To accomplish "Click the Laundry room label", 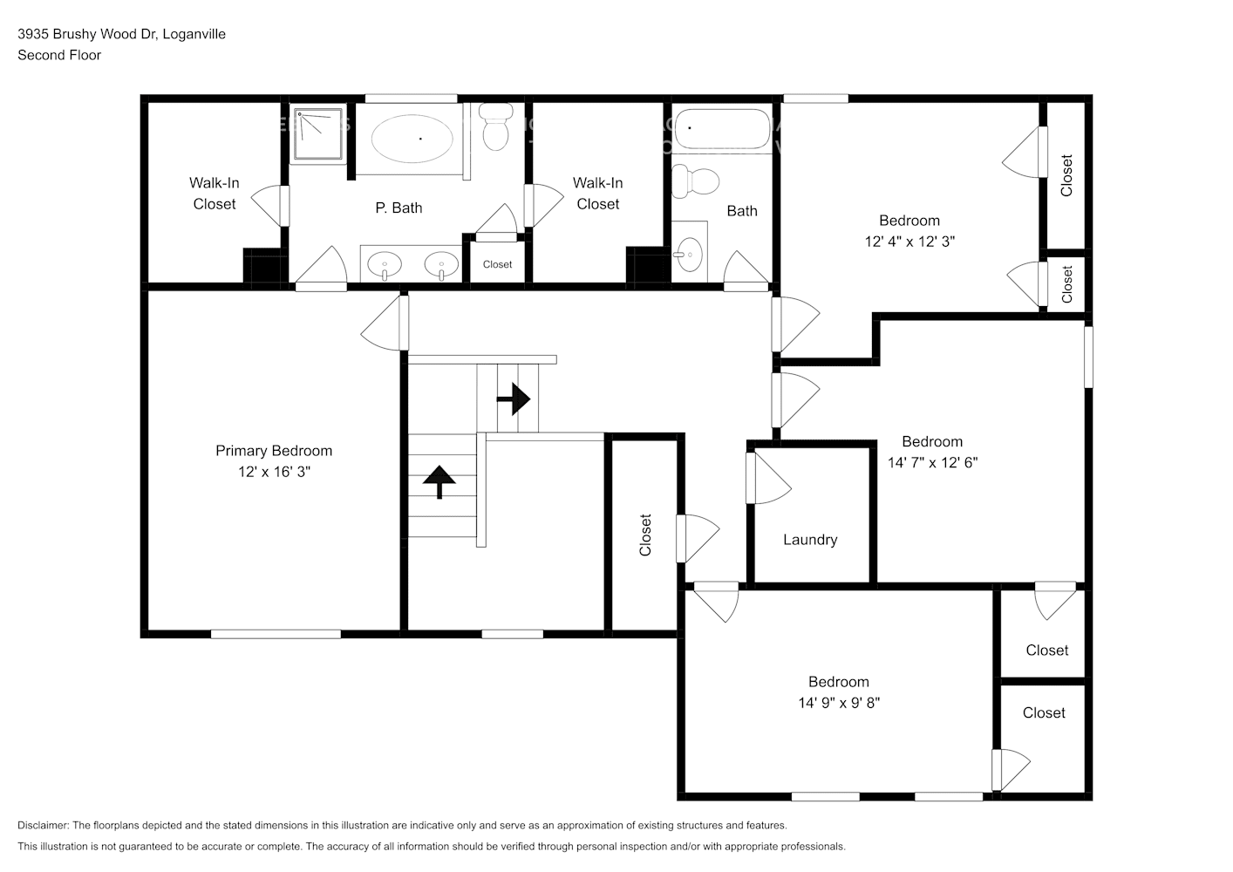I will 809,540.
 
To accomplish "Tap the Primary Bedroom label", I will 274,451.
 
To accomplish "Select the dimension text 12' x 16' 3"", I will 274,472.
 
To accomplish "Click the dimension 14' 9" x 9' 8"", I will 838,703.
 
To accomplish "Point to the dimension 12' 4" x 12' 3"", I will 909,242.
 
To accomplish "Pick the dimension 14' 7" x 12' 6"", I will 932,462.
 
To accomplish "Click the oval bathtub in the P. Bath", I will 412,138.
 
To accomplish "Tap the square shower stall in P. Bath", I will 318,134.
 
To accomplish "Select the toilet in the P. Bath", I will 496,127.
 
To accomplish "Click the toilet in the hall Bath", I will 697,181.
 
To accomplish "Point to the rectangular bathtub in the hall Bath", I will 723,131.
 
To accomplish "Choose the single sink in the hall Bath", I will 689,253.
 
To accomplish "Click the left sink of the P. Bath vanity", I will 384,264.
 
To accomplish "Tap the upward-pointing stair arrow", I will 439,480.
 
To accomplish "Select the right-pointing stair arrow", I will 514,399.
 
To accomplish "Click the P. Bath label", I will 399,208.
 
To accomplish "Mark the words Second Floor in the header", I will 59,55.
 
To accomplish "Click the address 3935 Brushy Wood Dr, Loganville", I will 121,34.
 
